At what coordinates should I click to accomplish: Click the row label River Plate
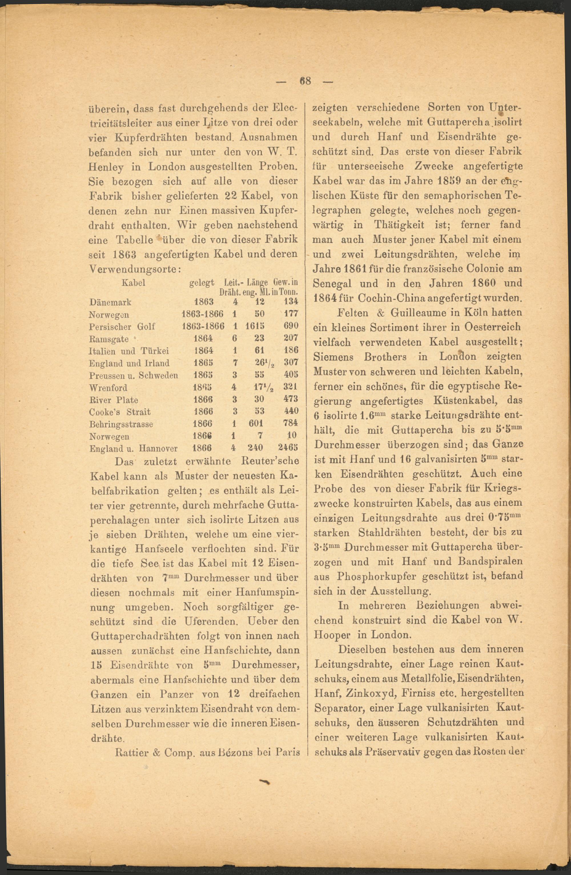click(114, 400)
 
